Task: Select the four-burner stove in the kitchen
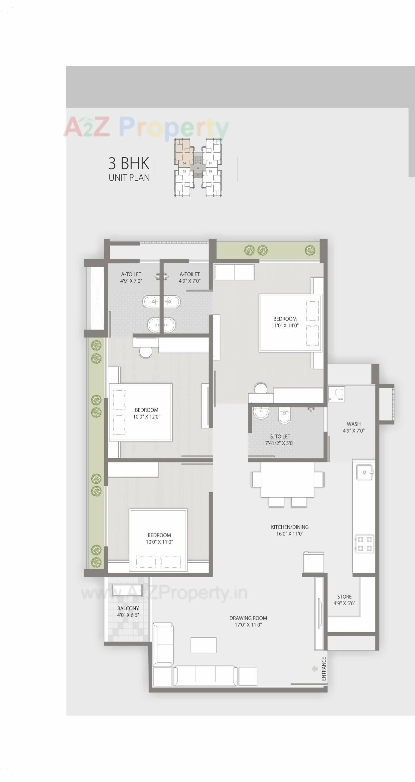(364, 544)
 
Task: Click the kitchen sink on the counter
(364, 472)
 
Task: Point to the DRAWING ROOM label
(248, 621)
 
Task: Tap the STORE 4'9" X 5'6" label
(344, 600)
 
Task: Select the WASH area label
(353, 427)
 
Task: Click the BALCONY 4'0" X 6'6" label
(128, 611)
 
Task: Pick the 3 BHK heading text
(129, 163)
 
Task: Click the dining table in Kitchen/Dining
(287, 479)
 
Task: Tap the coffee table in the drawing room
(204, 645)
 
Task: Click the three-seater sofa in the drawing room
(205, 676)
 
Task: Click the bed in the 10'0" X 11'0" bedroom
(158, 540)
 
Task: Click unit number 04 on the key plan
(184, 163)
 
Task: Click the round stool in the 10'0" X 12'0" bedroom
(145, 352)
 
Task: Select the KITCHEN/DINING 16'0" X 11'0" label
(290, 530)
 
